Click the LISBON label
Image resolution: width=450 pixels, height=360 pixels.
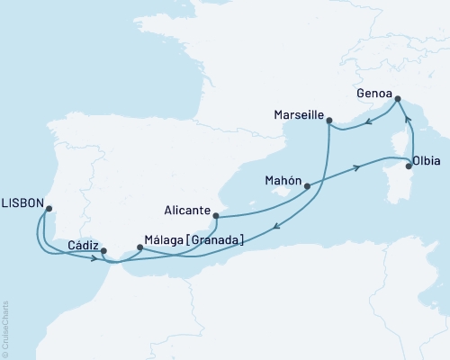(23, 203)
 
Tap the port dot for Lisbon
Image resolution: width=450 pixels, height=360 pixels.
(49, 209)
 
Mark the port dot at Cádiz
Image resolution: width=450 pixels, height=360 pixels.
(103, 251)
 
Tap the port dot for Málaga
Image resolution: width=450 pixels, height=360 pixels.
(139, 247)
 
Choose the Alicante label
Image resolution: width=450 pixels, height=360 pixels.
(187, 213)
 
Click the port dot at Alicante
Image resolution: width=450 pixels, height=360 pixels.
(215, 216)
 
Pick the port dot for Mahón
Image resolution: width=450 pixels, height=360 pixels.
(308, 187)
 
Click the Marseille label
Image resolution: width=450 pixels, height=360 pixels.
(298, 115)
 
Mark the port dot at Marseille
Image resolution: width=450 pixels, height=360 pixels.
(329, 120)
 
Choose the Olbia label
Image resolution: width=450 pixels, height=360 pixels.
(426, 163)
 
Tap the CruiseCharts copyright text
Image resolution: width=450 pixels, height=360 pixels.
(6, 328)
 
